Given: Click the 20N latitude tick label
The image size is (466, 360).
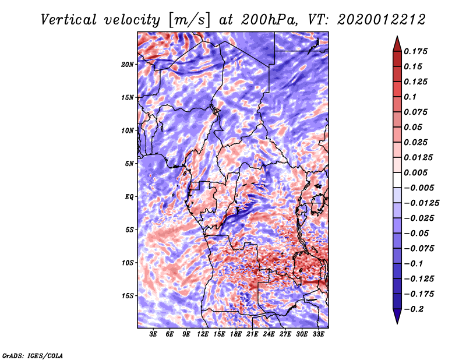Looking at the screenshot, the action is pyautogui.click(x=128, y=65).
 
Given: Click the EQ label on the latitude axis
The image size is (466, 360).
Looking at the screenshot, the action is pyautogui.click(x=129, y=197).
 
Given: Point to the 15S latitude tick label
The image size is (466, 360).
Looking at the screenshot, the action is pyautogui.click(x=128, y=296).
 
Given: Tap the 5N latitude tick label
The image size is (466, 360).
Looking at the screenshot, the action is pyautogui.click(x=129, y=164).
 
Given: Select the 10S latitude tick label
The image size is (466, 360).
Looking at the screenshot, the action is pyautogui.click(x=128, y=263).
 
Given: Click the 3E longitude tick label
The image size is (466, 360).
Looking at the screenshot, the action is pyautogui.click(x=153, y=334).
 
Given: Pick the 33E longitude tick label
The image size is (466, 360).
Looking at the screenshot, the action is pyautogui.click(x=318, y=334).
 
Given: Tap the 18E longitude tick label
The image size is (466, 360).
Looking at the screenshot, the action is pyautogui.click(x=236, y=334).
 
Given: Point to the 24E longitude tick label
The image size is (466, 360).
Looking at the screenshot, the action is pyautogui.click(x=269, y=334).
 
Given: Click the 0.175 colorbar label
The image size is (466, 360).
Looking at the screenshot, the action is pyautogui.click(x=415, y=51).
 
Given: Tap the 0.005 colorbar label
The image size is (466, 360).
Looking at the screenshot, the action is pyautogui.click(x=415, y=172).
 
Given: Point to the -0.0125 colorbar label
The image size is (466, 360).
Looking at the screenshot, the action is pyautogui.click(x=421, y=203).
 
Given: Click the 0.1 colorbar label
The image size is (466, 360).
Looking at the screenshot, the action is pyautogui.click(x=410, y=97).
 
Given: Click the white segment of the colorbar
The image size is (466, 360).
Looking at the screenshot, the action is pyautogui.click(x=397, y=180).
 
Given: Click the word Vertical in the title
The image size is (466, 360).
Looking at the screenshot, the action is pyautogui.click(x=69, y=20).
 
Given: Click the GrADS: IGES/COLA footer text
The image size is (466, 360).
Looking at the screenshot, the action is pyautogui.click(x=33, y=356).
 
